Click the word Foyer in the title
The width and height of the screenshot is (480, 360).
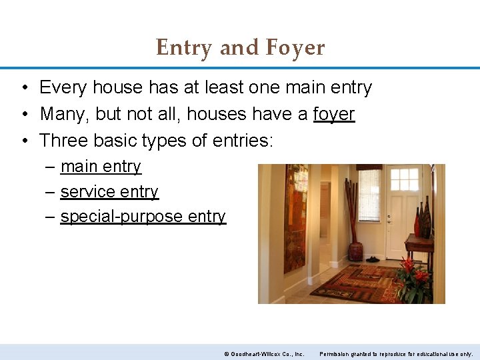tap(295, 48)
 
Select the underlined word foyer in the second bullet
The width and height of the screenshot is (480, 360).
tap(334, 114)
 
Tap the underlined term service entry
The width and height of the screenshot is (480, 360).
tap(109, 192)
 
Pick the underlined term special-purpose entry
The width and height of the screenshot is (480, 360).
tap(143, 217)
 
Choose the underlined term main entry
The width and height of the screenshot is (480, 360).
tap(101, 167)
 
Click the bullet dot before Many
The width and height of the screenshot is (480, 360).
tap(23, 114)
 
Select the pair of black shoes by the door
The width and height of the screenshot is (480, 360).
tap(373, 259)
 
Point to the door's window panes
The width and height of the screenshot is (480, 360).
tap(404, 179)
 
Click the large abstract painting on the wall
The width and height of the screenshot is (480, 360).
tap(295, 217)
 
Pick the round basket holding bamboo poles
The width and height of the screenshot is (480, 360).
tap(355, 251)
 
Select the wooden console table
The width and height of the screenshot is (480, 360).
tap(419, 244)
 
